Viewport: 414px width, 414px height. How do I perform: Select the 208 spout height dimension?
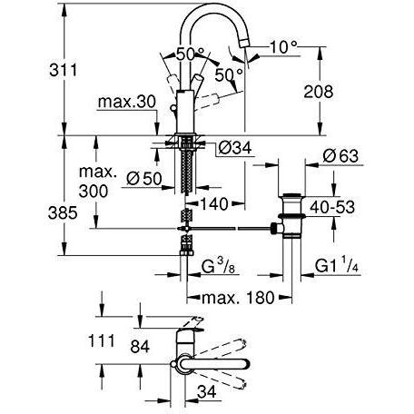(343, 92)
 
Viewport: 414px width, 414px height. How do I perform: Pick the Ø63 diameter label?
(347, 156)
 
